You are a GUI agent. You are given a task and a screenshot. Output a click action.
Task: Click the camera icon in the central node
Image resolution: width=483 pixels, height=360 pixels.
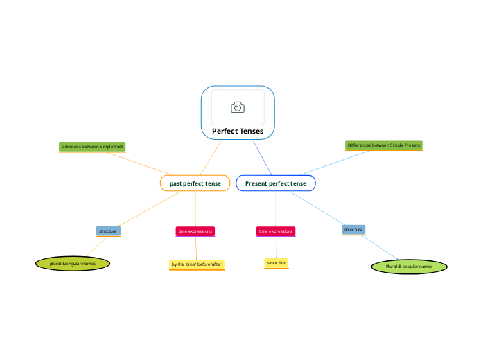click(x=238, y=107)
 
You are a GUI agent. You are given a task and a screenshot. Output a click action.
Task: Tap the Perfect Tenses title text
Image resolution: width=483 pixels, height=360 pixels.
click(x=238, y=131)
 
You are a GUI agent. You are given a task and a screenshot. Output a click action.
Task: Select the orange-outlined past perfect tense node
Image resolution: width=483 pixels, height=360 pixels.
click(x=195, y=183)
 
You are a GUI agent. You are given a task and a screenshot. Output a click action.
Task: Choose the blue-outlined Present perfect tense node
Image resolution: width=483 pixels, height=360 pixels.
click(x=276, y=183)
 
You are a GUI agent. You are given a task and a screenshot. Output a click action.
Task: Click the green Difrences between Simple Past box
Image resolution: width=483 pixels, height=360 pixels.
click(x=92, y=147)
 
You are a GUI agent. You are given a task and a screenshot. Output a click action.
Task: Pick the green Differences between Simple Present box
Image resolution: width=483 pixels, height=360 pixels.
click(x=384, y=145)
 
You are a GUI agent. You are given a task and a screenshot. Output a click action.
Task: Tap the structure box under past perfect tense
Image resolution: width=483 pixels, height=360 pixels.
click(x=107, y=231)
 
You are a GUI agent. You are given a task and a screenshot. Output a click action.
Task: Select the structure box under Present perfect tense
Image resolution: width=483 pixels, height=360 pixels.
click(x=353, y=229)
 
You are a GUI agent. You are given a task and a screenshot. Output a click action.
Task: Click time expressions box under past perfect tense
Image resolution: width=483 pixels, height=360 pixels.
click(x=195, y=231)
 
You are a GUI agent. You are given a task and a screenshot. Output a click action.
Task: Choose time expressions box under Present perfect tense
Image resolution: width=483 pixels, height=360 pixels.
click(x=276, y=231)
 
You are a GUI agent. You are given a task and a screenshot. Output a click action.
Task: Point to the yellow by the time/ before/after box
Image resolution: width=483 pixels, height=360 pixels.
click(x=197, y=264)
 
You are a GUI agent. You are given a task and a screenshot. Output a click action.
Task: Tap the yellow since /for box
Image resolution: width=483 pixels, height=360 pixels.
click(x=276, y=263)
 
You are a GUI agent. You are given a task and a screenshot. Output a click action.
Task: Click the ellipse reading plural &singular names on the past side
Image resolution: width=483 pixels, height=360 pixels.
click(x=73, y=263)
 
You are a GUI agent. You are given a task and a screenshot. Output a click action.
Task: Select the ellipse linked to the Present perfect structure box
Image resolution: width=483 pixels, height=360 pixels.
click(x=409, y=266)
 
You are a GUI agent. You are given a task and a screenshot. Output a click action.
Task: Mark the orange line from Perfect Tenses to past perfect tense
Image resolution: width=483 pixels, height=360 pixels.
click(x=211, y=158)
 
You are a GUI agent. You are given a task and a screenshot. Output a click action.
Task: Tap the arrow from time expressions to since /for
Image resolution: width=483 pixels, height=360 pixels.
click(x=276, y=247)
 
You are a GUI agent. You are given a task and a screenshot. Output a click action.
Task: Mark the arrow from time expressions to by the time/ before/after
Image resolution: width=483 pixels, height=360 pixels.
click(x=196, y=248)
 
